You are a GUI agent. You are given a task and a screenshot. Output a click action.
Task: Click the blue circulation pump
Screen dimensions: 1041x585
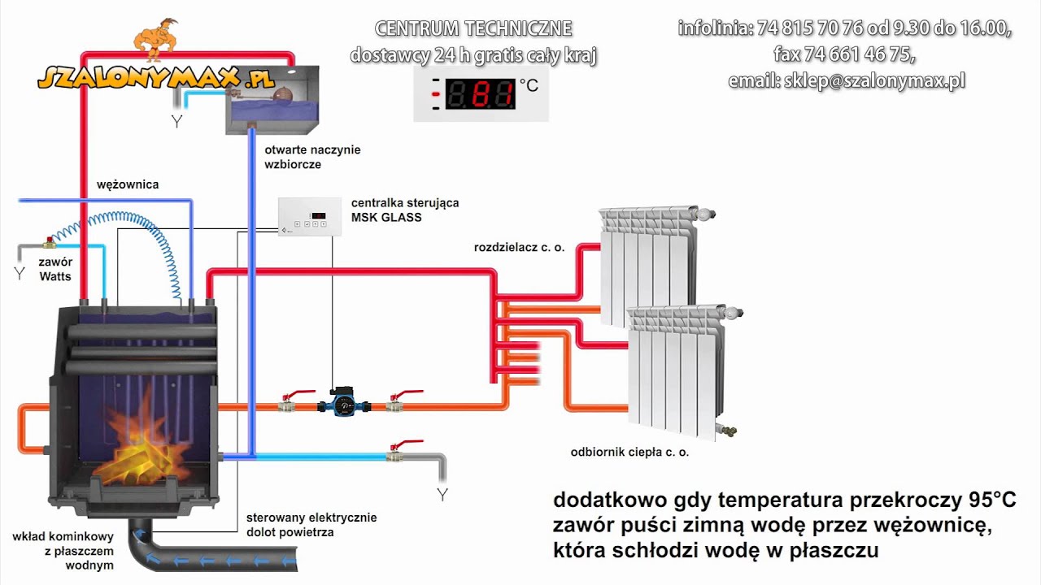344,401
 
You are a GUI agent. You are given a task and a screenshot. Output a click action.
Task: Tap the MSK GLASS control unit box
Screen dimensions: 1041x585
310,217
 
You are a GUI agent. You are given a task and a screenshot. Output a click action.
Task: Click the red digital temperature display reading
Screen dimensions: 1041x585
481,94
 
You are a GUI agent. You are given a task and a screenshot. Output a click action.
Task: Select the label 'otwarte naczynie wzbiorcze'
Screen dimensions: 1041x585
312,157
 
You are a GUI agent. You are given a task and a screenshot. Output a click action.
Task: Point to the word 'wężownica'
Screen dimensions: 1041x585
128,184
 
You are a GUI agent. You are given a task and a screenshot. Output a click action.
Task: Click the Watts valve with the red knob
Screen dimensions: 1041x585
49,242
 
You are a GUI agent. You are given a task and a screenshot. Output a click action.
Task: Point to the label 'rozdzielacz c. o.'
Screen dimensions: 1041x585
519,248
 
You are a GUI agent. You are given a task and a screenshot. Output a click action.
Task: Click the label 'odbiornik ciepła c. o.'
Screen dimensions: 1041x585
629,453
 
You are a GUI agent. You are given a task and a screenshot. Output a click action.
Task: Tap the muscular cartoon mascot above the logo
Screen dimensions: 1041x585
156,40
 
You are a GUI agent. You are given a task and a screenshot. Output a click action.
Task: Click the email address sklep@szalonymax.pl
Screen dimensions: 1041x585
874,80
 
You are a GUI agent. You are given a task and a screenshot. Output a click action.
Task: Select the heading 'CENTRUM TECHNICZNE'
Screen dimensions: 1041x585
473,28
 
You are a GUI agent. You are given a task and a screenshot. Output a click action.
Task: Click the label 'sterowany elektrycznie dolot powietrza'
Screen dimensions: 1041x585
311,525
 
